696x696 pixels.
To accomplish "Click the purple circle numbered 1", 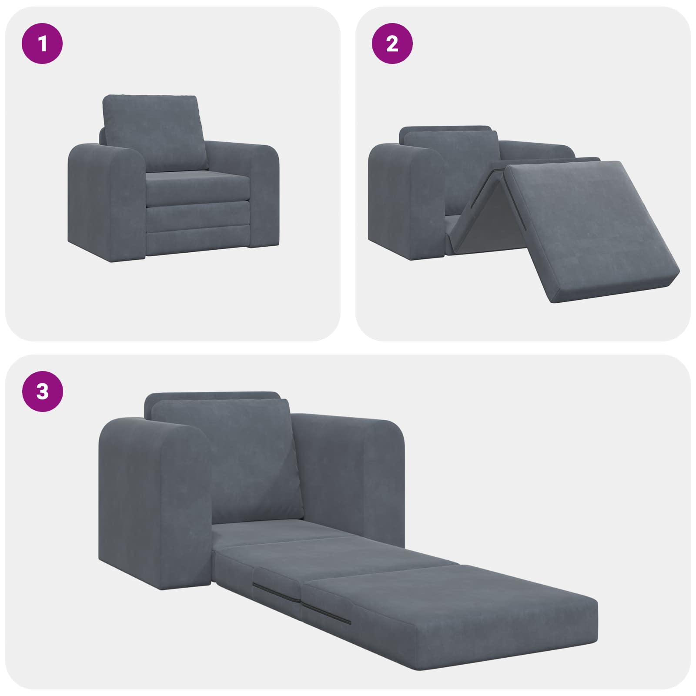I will point(42,44).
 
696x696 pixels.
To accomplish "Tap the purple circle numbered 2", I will point(392,44).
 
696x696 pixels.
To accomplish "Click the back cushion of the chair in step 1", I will point(154,133).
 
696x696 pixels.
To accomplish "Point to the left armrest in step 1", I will point(104,200).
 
